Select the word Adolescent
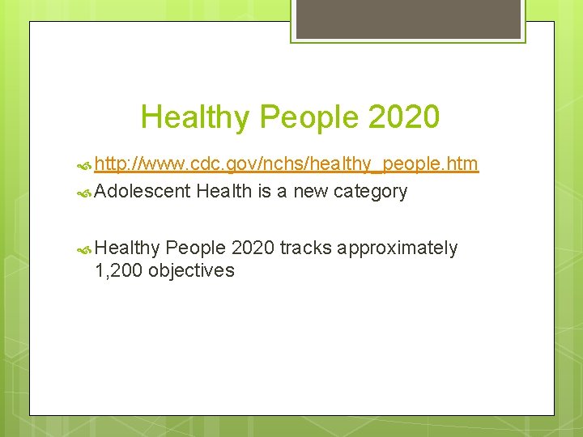point(143,191)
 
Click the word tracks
point(305,248)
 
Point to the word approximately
point(398,248)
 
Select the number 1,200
point(119,270)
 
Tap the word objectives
point(191,270)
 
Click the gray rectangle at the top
point(408,19)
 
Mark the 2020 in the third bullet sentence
point(253,248)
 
